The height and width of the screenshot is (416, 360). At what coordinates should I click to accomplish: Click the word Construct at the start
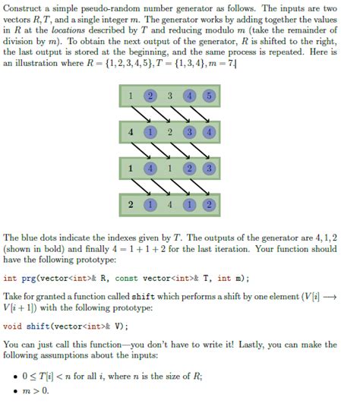tap(23, 8)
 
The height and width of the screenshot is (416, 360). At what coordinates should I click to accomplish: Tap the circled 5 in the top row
tap(208, 97)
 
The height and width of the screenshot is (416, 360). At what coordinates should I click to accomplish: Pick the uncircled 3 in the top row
tap(170, 97)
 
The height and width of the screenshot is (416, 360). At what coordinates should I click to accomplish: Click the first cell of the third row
tap(132, 168)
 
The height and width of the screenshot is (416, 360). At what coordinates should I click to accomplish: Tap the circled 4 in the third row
tap(151, 168)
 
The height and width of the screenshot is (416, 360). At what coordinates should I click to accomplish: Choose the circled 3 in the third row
tap(208, 168)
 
